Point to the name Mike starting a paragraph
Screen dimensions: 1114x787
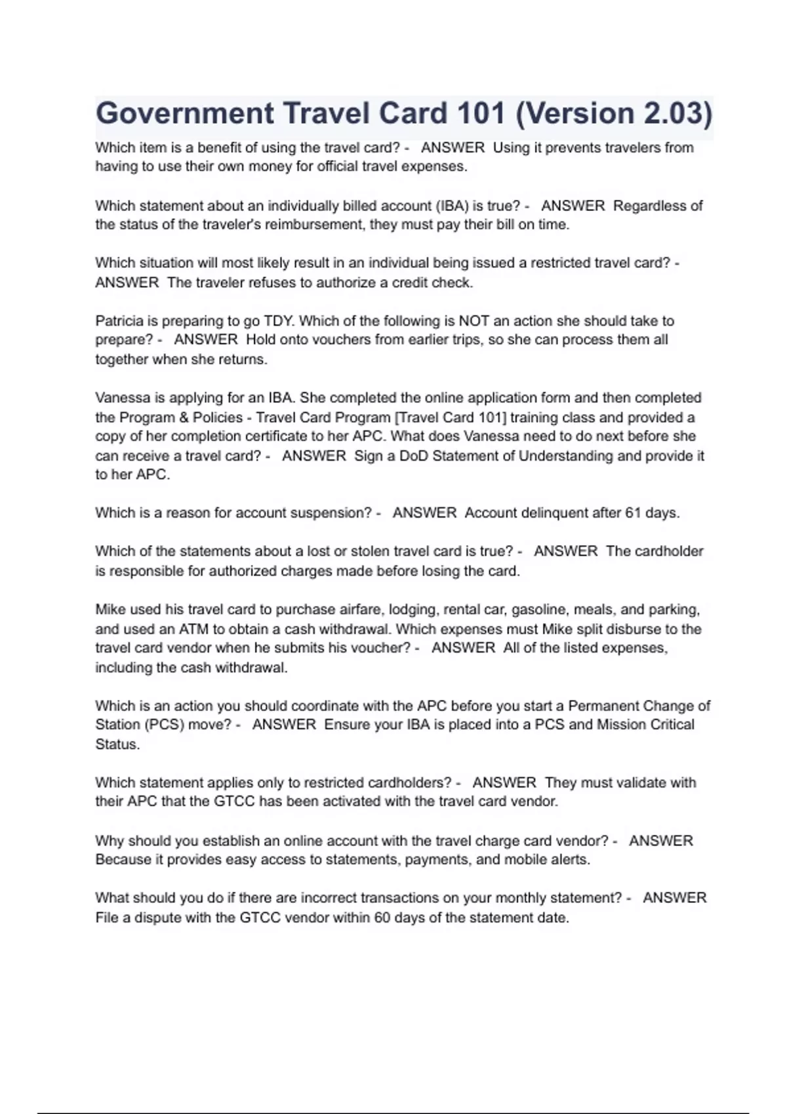pyautogui.click(x=110, y=609)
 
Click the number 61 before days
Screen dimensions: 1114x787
pyautogui.click(x=633, y=513)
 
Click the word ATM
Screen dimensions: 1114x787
pyautogui.click(x=193, y=629)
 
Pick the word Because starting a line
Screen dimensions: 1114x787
pyautogui.click(x=124, y=860)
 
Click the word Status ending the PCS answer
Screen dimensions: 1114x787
pyautogui.click(x=117, y=744)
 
